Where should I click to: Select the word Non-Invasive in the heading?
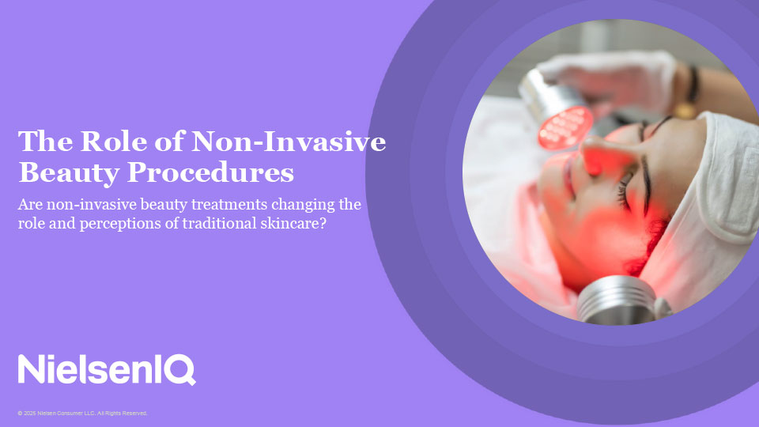click(289, 142)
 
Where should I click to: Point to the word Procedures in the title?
click(210, 173)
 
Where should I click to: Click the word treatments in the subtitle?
click(229, 204)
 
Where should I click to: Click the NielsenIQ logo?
click(107, 369)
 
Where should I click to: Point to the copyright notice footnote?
click(82, 413)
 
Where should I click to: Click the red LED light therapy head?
click(565, 128)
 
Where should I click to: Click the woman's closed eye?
click(625, 191)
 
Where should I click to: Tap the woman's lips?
click(568, 176)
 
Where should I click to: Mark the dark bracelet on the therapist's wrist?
click(693, 85)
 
